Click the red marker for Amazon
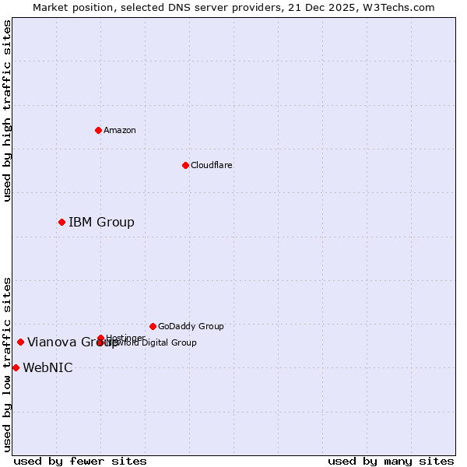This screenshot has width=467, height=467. pos(98,130)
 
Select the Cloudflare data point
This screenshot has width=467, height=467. pos(185,165)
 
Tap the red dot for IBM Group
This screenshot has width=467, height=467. pos(61,222)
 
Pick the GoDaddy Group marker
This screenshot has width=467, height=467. pos(153,326)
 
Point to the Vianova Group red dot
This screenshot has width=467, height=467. pos(20,342)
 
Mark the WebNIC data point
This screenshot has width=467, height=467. pos(16,367)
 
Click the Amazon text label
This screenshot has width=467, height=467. pos(120,130)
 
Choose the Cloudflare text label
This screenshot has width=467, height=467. pos(211,165)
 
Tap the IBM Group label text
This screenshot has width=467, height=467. pos(101,223)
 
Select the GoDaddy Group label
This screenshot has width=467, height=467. pos(191,326)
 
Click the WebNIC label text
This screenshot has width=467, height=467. pos(47,368)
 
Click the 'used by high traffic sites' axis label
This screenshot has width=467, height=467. pos(8,111)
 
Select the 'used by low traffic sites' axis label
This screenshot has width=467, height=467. pos(8,364)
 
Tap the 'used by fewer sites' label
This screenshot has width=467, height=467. pos(80,461)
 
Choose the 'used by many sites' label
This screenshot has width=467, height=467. pos(391,461)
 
